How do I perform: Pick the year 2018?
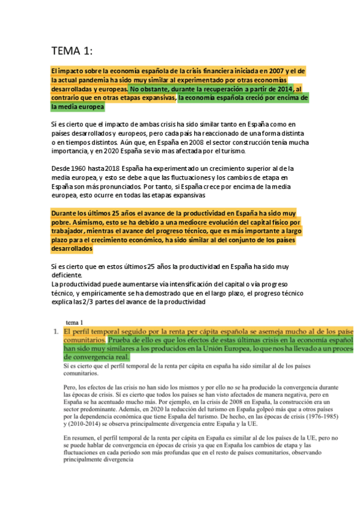111,170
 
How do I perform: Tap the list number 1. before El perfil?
55,331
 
